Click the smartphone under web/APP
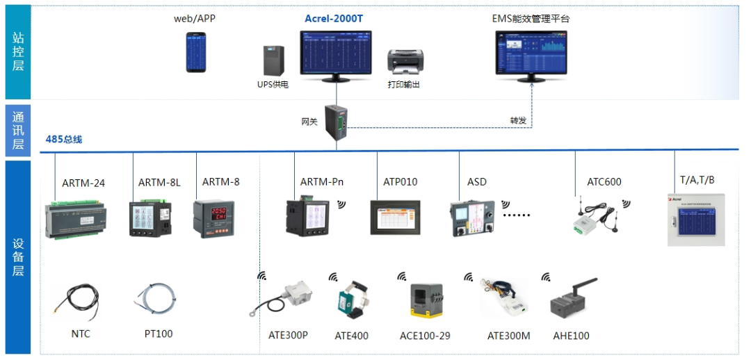pos(196,53)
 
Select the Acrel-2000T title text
pos(334,19)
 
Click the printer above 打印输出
pos(404,62)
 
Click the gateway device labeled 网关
pos(338,122)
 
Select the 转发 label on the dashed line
pos(518,120)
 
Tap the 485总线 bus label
pos(64,140)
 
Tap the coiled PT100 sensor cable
pos(156,300)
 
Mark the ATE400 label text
pos(351,336)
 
